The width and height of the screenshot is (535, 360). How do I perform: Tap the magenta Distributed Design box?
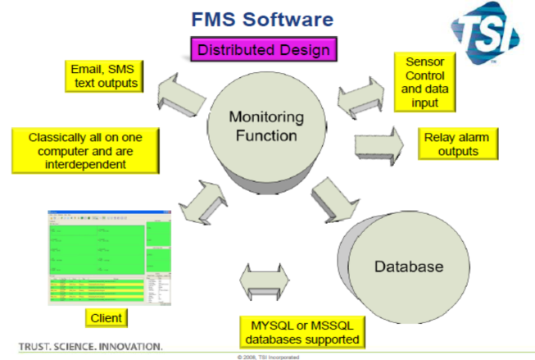262,50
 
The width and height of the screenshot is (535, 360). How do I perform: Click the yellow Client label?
107,317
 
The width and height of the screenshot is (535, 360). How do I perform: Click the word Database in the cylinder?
408,267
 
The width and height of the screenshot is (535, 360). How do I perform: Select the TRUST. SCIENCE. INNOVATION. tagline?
90,344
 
